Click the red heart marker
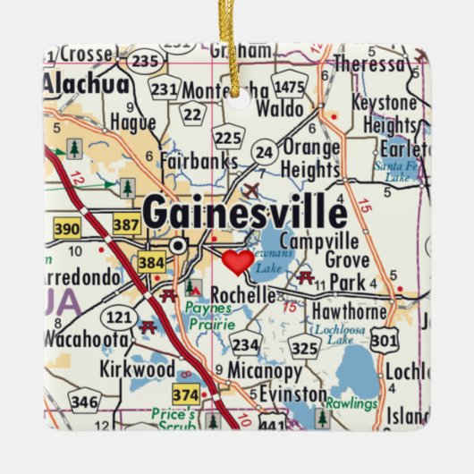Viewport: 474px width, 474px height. (237, 262)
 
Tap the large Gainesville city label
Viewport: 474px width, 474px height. (244, 213)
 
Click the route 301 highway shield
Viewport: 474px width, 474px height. (385, 339)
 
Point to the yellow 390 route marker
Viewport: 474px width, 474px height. (66, 230)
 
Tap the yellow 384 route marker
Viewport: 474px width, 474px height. (150, 262)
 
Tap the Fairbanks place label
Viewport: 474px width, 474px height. (199, 162)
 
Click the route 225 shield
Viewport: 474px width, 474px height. (229, 137)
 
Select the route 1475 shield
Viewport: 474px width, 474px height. (289, 86)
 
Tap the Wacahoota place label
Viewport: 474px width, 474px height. (85, 340)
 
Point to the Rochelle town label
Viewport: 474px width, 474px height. (242, 294)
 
